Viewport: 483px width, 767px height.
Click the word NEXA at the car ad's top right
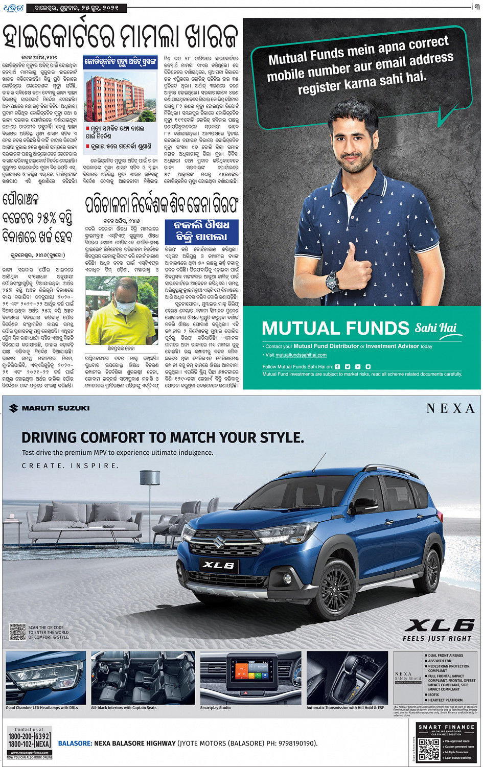[450, 408]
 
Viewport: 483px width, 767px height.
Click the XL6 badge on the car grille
[218, 565]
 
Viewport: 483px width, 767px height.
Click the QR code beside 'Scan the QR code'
[17, 632]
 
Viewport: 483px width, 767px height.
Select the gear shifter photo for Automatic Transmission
[347, 677]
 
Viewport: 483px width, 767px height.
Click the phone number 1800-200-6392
[29, 736]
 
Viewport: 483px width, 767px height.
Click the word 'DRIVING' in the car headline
[49, 437]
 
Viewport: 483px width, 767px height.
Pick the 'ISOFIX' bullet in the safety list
[433, 694]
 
